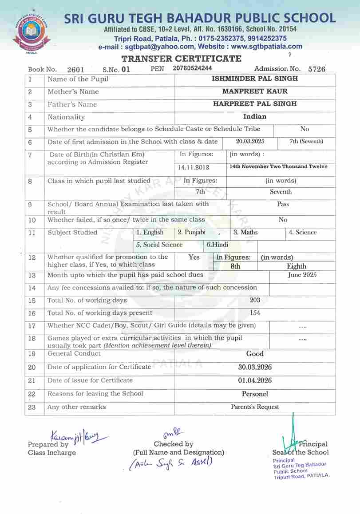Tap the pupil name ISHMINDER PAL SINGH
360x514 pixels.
coord(255,79)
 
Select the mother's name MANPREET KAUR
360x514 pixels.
coord(255,91)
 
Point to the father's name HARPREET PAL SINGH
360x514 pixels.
coord(255,104)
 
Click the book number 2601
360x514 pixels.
coord(75,70)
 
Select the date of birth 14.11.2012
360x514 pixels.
coord(194,167)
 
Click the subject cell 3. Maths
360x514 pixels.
coord(245,233)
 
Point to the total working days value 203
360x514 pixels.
coord(255,300)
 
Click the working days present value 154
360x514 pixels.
coord(255,312)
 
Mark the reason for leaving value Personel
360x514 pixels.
coord(255,394)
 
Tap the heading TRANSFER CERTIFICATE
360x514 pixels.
coord(182,59)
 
